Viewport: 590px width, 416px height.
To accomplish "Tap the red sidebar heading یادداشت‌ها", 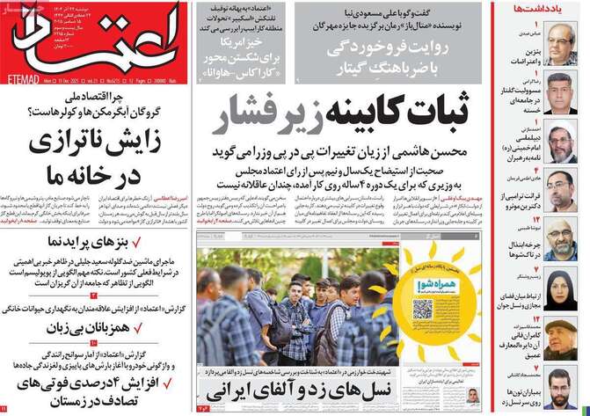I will (x=557, y=10).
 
